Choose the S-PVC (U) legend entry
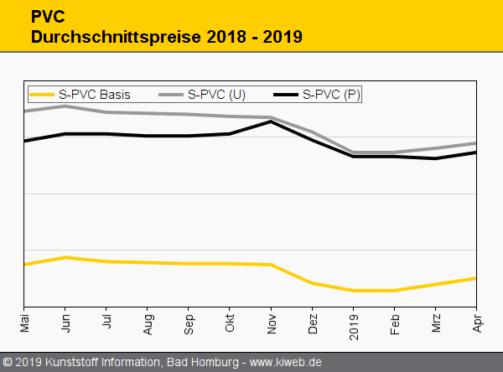(x=216, y=95)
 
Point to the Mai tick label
(x=24, y=319)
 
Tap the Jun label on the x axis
(x=65, y=319)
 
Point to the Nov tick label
(x=271, y=319)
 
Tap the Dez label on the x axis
(x=312, y=319)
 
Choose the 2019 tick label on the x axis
(x=353, y=321)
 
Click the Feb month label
(x=394, y=319)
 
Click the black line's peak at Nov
(x=271, y=121)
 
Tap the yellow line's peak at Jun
(x=65, y=257)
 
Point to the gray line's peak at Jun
(x=65, y=106)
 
